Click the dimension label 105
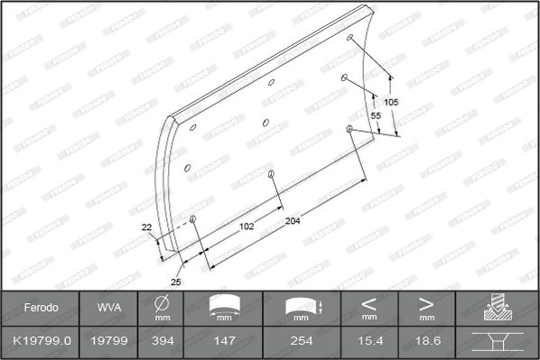[x=391, y=102]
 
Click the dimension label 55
[x=376, y=115]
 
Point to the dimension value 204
[x=293, y=221]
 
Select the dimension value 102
[x=247, y=226]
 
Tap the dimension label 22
[x=146, y=227]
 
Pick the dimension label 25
[x=176, y=282]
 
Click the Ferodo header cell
[x=41, y=308]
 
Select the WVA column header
[x=109, y=308]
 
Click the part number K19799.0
[x=42, y=341]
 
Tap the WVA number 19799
[x=109, y=341]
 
